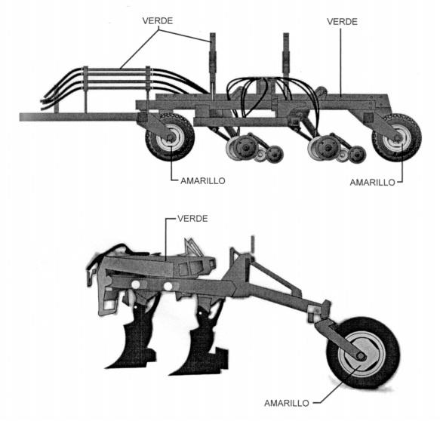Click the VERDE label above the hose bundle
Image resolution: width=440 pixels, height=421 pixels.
pos(158,21)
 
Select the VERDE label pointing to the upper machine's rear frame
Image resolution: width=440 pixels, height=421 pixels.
pos(342,22)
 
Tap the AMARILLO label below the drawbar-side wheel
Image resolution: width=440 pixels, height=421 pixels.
pos(202,181)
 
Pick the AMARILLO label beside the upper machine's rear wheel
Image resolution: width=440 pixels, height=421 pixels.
pos(372,183)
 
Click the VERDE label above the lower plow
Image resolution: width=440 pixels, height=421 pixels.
pos(192,219)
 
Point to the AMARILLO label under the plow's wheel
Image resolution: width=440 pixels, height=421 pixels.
pos(287,403)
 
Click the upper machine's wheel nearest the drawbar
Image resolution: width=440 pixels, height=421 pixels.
pos(170,137)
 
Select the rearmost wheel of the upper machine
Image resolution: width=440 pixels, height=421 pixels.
pos(397,137)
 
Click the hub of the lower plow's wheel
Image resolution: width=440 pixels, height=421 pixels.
pos(361,356)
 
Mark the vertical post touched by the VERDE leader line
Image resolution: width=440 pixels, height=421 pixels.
pos(212,66)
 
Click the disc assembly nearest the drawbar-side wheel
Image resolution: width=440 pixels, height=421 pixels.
pos(254,148)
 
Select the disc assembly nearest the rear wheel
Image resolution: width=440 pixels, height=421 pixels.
pos(336,148)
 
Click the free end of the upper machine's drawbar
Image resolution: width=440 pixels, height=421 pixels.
pos(20,117)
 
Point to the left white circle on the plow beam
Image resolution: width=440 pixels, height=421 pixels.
pos(136,284)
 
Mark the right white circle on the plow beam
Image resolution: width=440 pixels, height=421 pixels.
pos(168,287)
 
